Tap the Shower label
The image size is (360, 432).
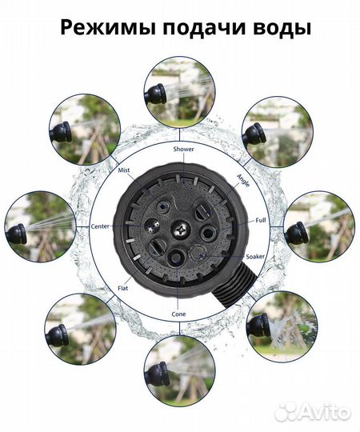[183, 149]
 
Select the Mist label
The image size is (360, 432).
[124, 170]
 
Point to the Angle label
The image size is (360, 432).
[243, 181]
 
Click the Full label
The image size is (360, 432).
[261, 220]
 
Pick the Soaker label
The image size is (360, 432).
[255, 257]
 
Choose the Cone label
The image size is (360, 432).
[178, 314]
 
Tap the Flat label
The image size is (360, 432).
[123, 288]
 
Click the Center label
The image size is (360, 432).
[100, 226]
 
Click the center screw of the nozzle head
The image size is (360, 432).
[181, 230]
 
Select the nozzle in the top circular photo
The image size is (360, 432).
[155, 94]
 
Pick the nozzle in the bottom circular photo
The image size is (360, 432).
[157, 374]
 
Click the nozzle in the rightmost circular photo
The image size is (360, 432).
[295, 233]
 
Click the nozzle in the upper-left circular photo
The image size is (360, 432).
[61, 131]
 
